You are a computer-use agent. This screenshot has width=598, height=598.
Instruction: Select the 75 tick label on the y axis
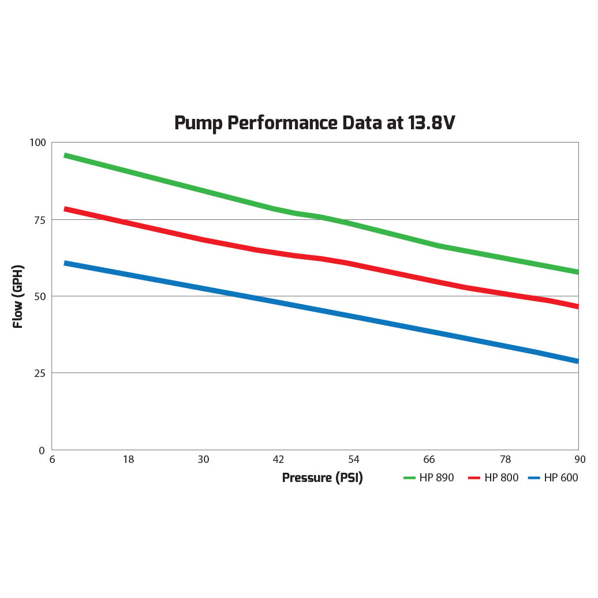click(x=40, y=220)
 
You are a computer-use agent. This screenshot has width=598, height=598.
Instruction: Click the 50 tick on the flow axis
click(x=40, y=297)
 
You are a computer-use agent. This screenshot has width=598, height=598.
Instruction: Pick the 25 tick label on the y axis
click(x=40, y=373)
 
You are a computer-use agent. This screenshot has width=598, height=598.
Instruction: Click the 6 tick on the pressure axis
click(x=52, y=460)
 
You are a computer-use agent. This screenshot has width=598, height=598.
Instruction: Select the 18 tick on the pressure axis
click(x=128, y=460)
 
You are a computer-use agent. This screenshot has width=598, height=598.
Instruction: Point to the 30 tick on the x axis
click(x=203, y=460)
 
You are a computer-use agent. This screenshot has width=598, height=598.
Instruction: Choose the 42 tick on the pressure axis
click(x=278, y=460)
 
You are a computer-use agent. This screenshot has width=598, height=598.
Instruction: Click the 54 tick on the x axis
click(x=353, y=460)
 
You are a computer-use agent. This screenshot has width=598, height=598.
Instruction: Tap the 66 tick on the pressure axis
click(x=429, y=460)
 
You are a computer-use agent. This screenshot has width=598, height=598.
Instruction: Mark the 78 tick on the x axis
click(x=504, y=460)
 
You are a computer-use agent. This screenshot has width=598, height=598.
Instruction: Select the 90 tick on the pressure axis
click(x=580, y=460)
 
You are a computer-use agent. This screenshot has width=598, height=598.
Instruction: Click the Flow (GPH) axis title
click(x=18, y=297)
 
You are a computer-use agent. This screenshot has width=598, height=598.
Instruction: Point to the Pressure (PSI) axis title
click(x=322, y=478)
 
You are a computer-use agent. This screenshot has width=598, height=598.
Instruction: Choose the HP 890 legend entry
click(x=429, y=478)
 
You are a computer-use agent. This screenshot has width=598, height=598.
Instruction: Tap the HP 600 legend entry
click(x=553, y=478)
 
